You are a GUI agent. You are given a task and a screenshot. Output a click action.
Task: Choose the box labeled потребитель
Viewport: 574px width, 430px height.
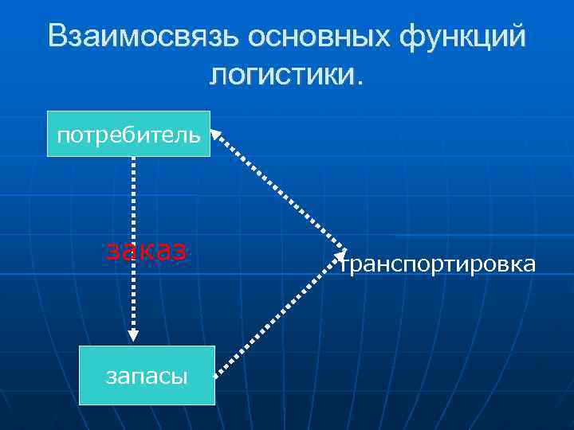[x=128, y=134]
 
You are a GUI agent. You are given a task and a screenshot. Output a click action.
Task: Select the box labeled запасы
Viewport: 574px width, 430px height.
[x=147, y=376]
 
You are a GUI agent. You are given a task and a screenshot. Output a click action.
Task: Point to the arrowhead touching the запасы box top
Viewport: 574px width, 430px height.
[x=133, y=335]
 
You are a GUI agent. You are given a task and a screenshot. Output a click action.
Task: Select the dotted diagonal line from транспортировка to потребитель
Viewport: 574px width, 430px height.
[x=279, y=191]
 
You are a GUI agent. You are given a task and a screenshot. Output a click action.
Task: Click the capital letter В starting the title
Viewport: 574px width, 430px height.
[x=58, y=37]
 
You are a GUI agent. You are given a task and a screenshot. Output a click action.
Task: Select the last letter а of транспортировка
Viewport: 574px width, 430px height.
[x=529, y=265]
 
